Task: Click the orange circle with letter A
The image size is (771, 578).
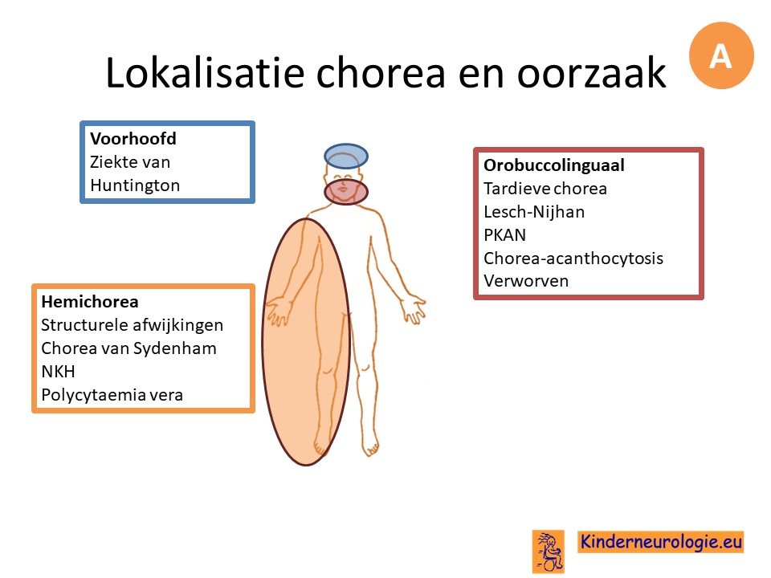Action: point(721,55)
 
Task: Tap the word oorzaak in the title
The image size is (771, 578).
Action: point(591,73)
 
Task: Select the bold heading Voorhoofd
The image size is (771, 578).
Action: point(133,139)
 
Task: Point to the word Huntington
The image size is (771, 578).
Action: point(135,185)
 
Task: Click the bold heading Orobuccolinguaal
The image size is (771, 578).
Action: point(553,165)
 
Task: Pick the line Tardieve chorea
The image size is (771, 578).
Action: point(545,189)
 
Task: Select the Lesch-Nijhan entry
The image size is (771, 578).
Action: point(534,212)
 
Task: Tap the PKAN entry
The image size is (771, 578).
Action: point(504,235)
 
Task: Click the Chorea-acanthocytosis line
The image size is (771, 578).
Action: point(573,258)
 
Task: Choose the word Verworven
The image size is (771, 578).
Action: point(525,281)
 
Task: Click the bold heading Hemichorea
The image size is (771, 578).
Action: point(89,301)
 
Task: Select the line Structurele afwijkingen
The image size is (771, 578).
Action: point(132,325)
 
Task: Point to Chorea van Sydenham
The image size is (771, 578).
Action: point(128,348)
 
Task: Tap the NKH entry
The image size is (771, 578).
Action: point(58,372)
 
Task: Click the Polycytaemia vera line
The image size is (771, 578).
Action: point(112,395)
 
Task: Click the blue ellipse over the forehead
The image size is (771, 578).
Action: point(346,157)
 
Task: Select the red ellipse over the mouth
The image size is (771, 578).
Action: point(346,192)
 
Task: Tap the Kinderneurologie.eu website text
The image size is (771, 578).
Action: point(660,542)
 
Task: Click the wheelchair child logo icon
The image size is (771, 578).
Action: point(549,551)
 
